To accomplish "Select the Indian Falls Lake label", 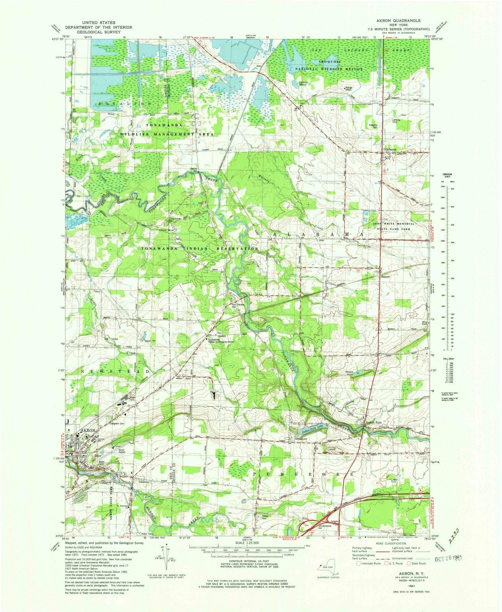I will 314,430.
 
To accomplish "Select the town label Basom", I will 385,276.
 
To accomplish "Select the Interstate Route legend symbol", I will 358,563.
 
